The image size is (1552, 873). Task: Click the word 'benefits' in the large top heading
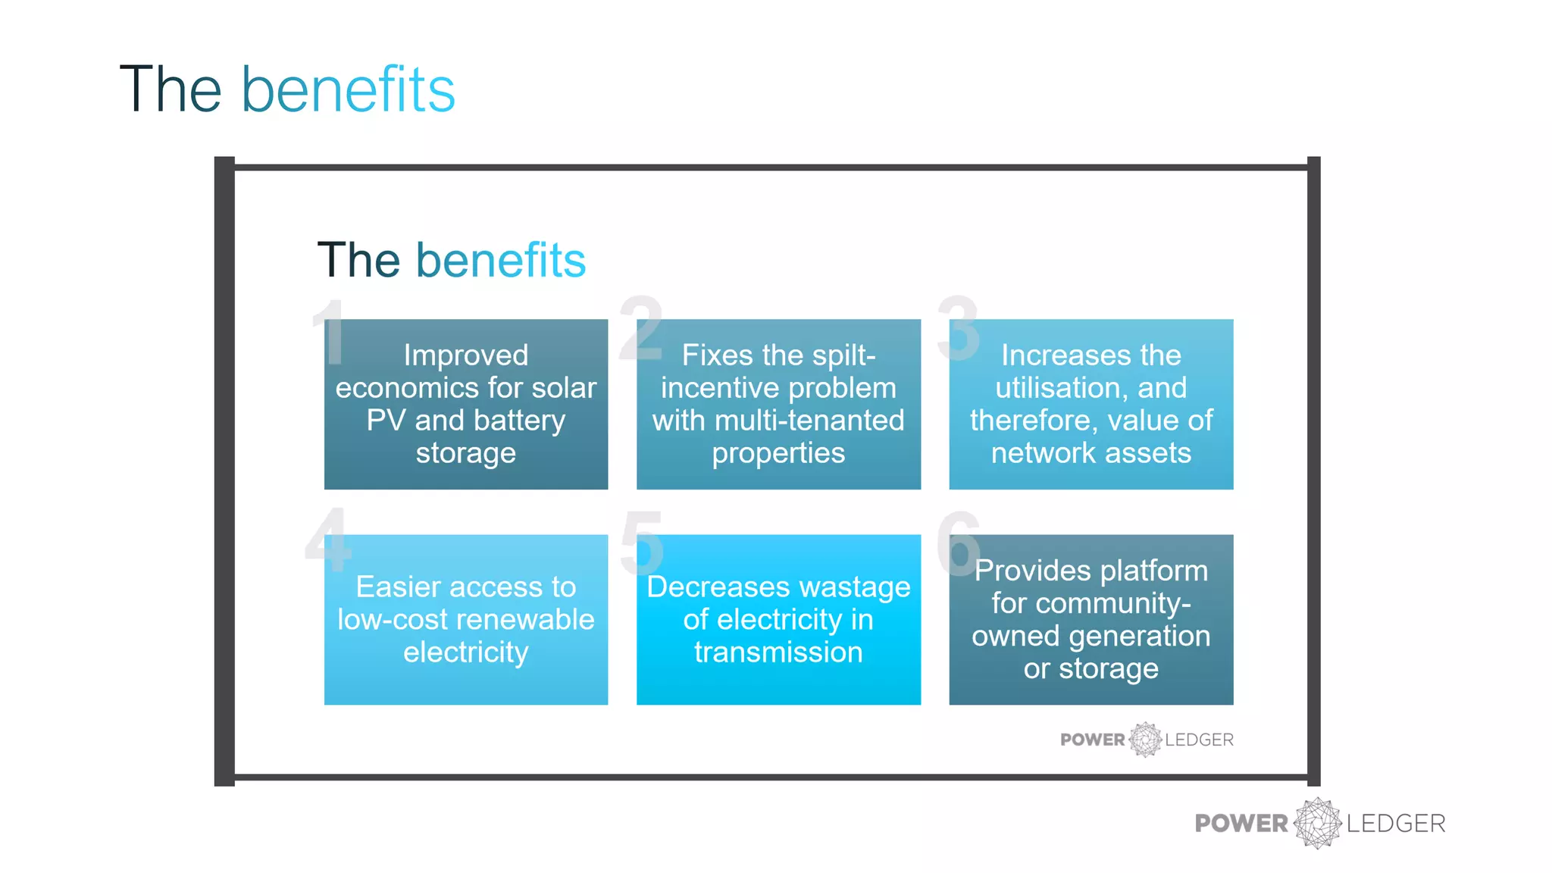(x=348, y=89)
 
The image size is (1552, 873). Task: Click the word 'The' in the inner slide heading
(x=358, y=260)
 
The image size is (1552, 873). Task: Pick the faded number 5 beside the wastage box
(x=641, y=542)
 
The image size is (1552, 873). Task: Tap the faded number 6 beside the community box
(x=959, y=542)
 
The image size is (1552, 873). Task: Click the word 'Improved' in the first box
(x=465, y=355)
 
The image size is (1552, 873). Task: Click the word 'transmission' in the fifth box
(x=778, y=652)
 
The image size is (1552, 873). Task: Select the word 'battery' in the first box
(x=519, y=421)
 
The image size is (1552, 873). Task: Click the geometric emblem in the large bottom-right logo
(x=1317, y=823)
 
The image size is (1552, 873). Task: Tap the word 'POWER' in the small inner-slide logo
(x=1092, y=740)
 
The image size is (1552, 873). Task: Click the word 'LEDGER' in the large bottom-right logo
(x=1396, y=823)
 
